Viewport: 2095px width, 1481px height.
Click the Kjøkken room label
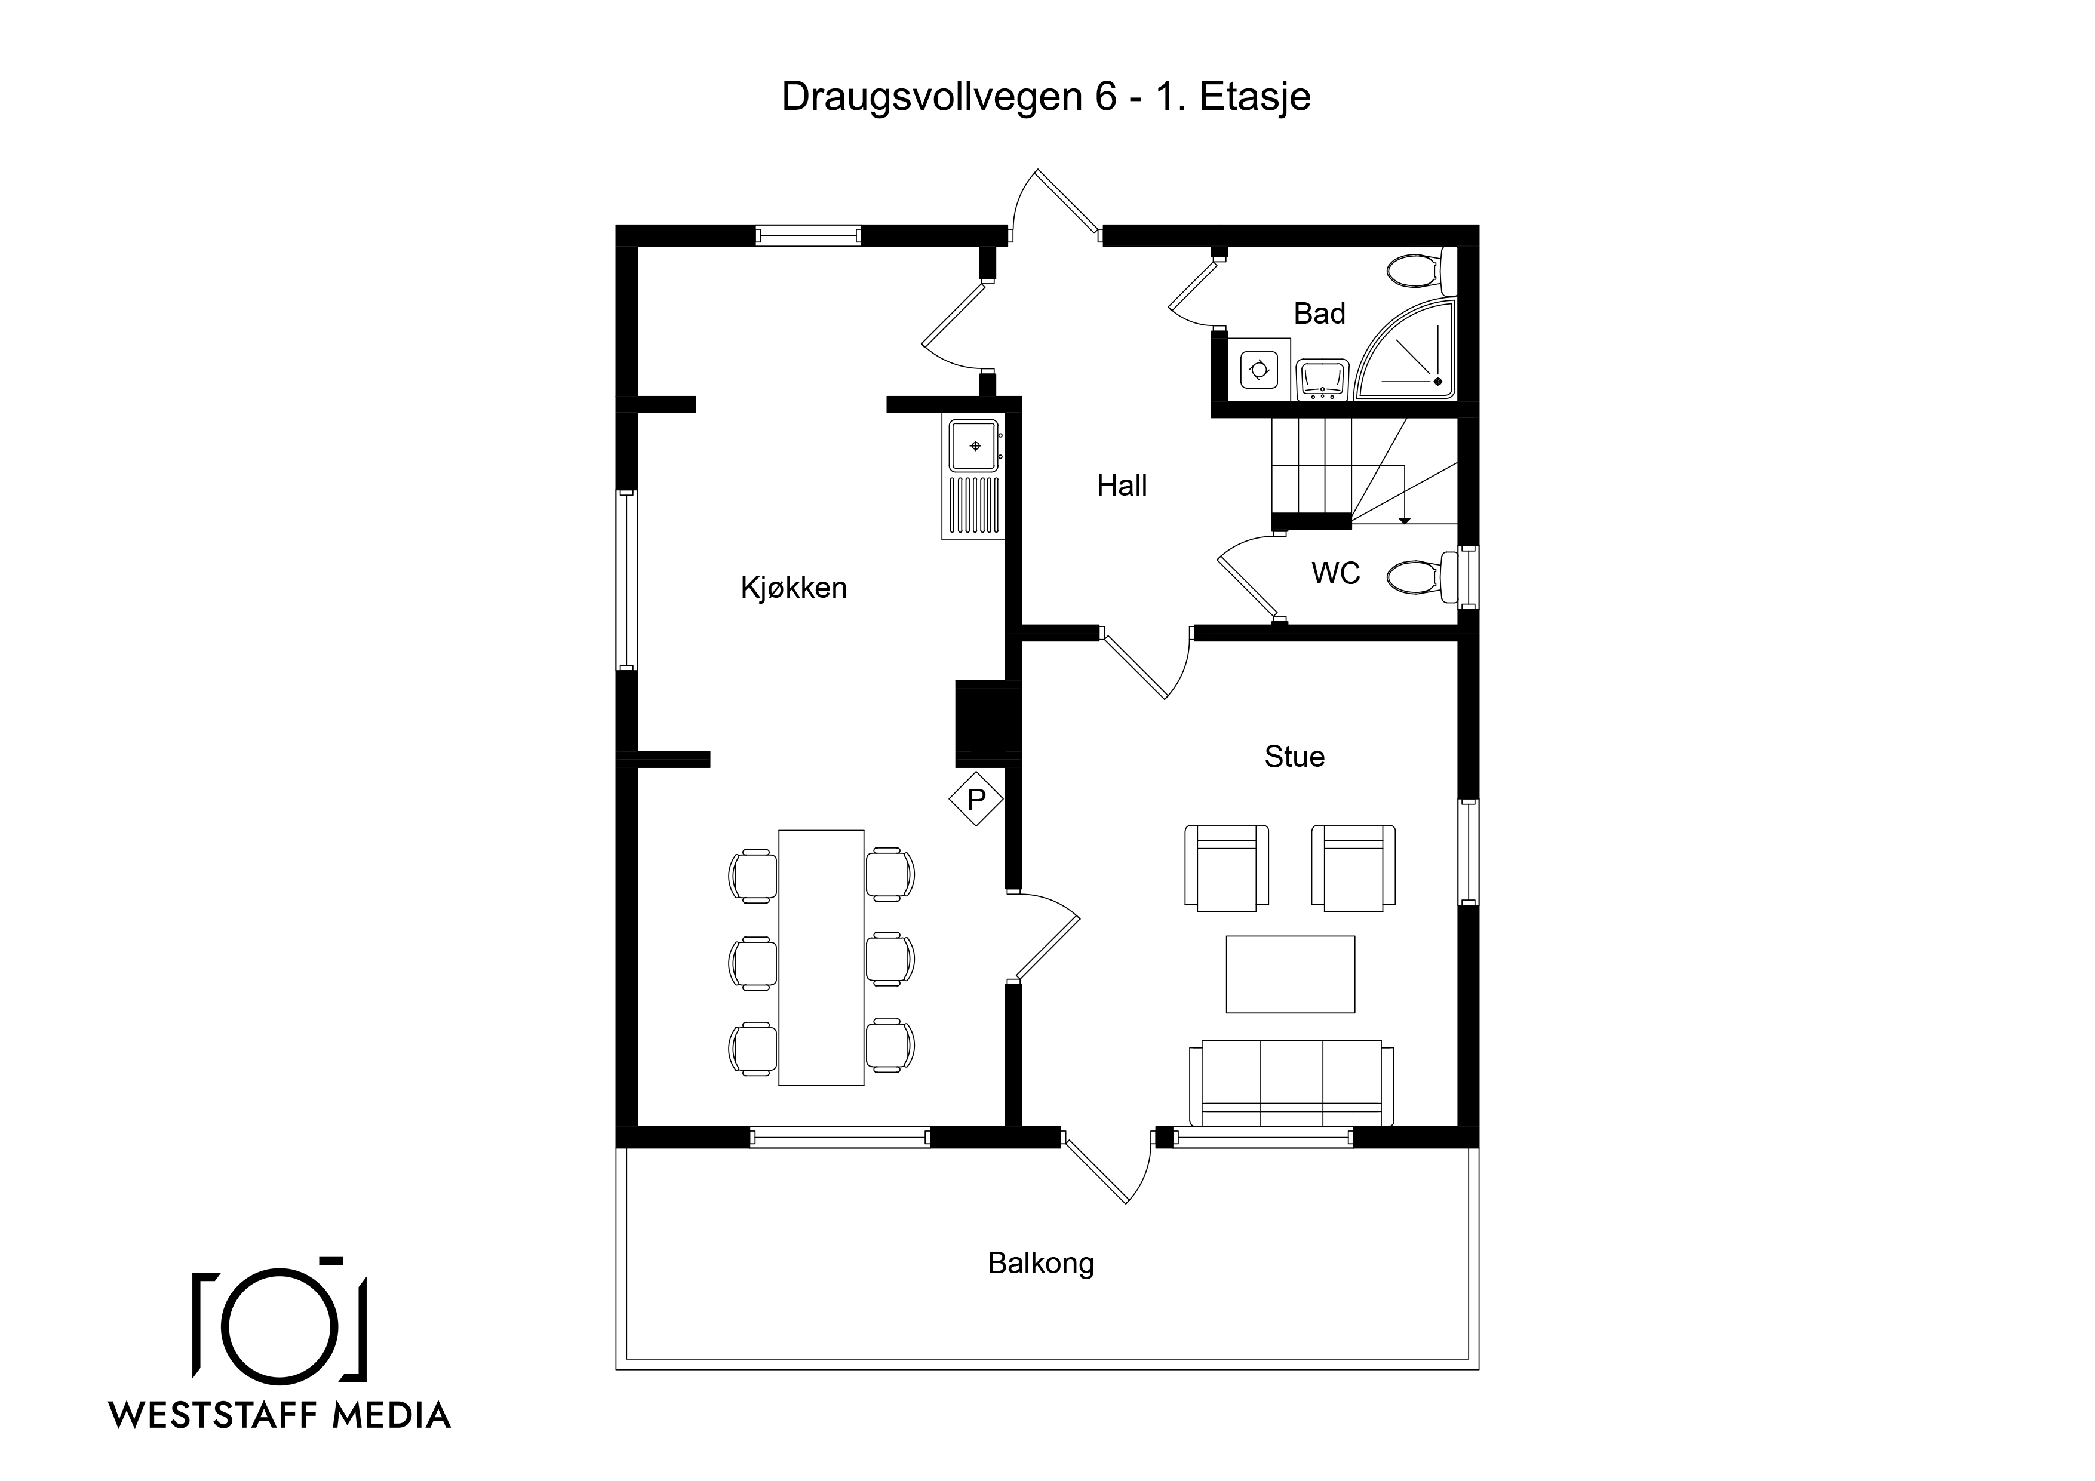[794, 588]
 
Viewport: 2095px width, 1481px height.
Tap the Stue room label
[1294, 757]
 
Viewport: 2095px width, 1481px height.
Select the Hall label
[1122, 486]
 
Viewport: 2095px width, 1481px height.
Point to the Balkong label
[1041, 1264]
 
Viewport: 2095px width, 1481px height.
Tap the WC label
[1336, 573]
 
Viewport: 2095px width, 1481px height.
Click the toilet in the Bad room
[1421, 270]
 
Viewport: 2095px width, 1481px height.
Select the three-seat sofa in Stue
[1291, 1084]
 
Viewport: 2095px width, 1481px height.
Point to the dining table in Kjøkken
[821, 958]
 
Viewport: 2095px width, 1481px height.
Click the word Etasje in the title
[1255, 97]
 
